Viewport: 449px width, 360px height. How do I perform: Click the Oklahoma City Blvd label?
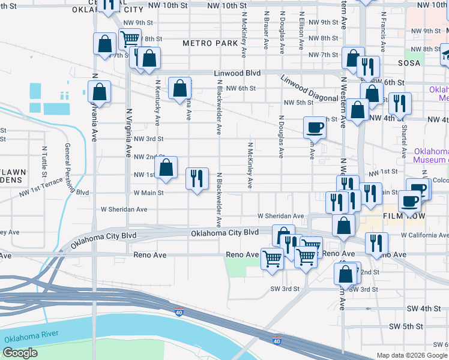click(224, 232)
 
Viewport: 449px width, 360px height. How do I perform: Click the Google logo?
click(19, 353)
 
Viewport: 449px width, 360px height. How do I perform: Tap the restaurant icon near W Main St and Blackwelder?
click(197, 178)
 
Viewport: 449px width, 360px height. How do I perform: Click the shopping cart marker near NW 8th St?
click(130, 40)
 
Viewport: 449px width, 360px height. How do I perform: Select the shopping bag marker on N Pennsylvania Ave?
click(100, 92)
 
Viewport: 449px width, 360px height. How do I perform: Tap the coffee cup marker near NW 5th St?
click(315, 127)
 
